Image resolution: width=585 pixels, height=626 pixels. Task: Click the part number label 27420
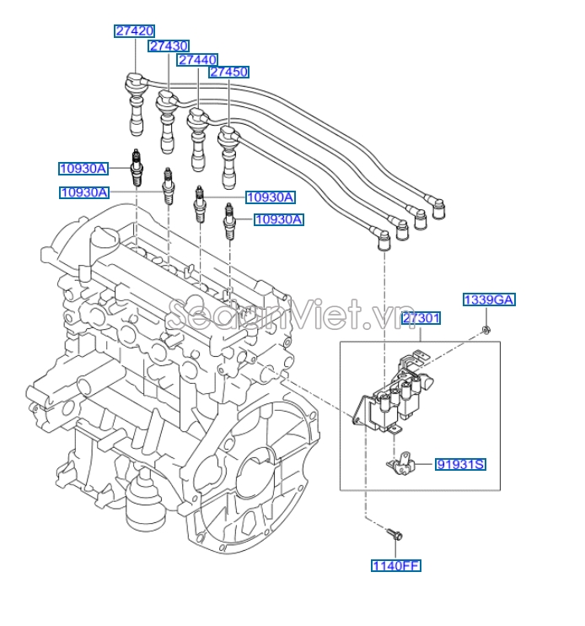coord(135,31)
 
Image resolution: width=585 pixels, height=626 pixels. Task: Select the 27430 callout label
coord(169,46)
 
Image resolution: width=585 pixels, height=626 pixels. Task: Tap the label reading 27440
coord(197,60)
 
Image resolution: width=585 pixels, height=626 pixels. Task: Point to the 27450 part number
coord(228,73)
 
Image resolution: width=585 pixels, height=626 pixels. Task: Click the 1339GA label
coord(489,300)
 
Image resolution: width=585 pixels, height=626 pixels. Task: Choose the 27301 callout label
coord(421,318)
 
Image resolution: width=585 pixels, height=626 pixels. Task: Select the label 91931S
coord(461,464)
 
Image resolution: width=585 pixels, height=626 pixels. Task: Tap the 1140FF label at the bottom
coord(396,565)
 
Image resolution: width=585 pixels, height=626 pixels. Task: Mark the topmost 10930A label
coord(83,169)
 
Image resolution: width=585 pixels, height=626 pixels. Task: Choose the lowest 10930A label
coord(279,219)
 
